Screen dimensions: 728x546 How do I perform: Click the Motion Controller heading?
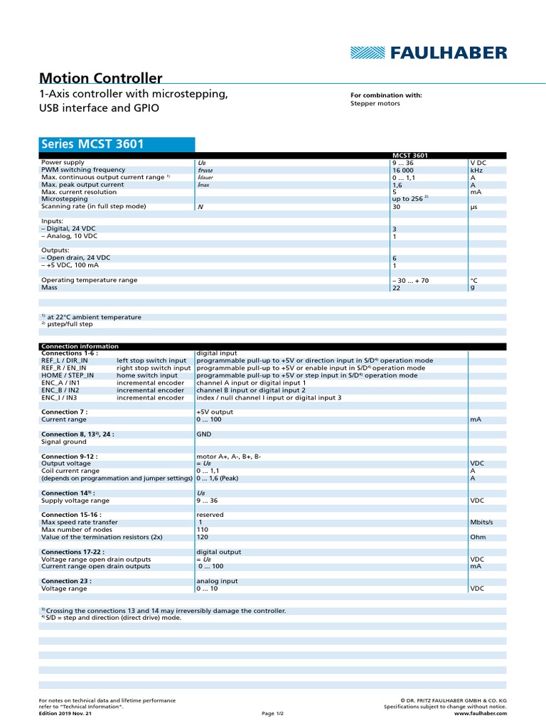(x=101, y=78)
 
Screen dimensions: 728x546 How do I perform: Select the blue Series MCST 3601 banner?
(x=116, y=144)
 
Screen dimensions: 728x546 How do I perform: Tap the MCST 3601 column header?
(x=409, y=155)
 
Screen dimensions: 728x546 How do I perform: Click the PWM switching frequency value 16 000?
(x=403, y=170)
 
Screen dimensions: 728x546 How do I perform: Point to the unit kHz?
(x=476, y=170)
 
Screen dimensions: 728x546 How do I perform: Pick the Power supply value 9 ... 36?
(x=403, y=163)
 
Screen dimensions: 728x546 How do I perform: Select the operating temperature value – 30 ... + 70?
(x=411, y=280)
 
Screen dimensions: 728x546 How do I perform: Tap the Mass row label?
(x=50, y=287)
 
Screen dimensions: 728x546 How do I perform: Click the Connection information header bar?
(x=273, y=346)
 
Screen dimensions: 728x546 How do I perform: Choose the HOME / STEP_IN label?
(x=65, y=375)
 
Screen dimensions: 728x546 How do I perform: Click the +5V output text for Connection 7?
(x=214, y=412)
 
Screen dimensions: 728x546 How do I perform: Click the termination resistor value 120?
(x=203, y=537)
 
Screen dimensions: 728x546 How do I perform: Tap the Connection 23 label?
(x=66, y=581)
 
